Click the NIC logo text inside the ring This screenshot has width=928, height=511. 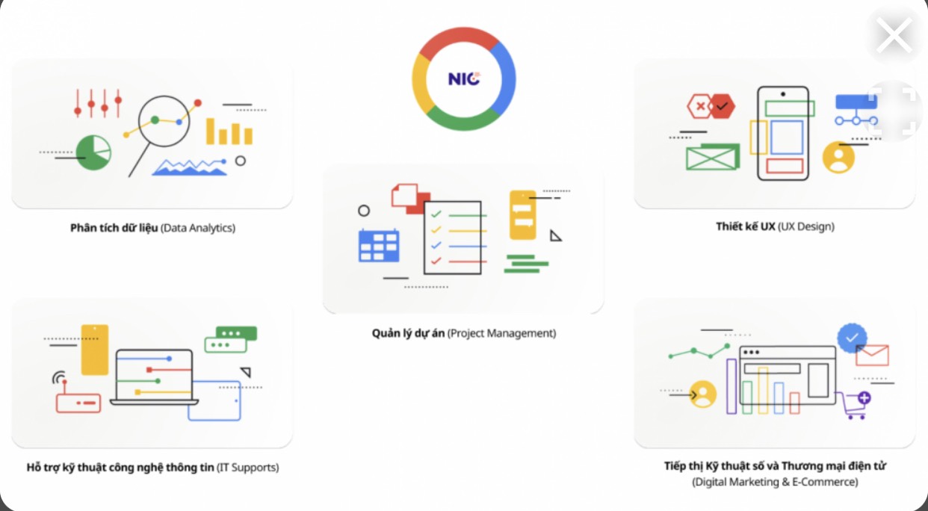463,78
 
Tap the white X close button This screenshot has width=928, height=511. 894,35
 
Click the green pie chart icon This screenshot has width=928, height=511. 93,152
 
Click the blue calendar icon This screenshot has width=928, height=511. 379,244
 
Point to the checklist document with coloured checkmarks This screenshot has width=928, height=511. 453,237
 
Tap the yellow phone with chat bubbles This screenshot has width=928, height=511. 523,214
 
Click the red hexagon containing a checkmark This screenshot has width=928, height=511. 722,107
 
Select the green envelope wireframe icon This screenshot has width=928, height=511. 712,157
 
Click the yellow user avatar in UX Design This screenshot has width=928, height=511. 838,158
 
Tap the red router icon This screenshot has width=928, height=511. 78,403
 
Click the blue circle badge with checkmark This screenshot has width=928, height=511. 852,338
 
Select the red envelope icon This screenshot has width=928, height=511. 873,355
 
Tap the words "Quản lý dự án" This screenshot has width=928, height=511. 408,333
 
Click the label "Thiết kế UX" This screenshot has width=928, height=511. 745,226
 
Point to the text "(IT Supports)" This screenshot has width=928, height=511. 247,468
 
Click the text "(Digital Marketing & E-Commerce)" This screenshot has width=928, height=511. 775,483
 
